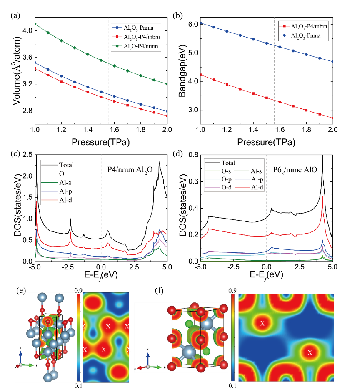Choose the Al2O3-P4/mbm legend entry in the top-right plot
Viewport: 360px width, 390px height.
tap(303, 27)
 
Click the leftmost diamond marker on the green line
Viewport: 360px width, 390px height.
tap(35, 24)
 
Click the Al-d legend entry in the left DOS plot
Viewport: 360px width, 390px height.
tap(58, 200)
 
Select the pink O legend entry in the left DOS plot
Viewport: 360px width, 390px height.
tap(58, 174)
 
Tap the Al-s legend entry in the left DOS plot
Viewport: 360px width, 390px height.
tap(58, 182)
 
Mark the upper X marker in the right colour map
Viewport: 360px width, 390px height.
tap(262, 323)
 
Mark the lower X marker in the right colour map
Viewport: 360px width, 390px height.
tap(310, 353)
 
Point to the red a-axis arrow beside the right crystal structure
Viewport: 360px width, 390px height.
tap(140, 367)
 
